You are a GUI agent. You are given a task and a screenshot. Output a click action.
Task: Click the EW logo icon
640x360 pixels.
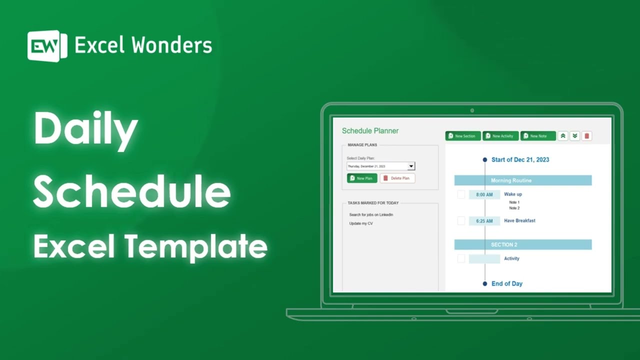pyautogui.click(x=47, y=46)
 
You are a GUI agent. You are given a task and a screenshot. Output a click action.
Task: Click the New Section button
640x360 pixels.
pyautogui.click(x=463, y=136)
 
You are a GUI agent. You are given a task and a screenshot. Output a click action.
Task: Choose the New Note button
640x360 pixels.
pyautogui.click(x=538, y=136)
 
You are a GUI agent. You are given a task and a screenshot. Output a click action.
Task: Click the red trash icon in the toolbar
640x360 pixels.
pyautogui.click(x=587, y=136)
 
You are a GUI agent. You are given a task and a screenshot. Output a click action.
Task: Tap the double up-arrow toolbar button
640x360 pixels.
pyautogui.click(x=563, y=136)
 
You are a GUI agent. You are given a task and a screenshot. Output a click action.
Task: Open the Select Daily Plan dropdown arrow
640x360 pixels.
pyautogui.click(x=411, y=166)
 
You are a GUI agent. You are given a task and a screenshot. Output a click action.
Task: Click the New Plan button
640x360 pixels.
pyautogui.click(x=362, y=178)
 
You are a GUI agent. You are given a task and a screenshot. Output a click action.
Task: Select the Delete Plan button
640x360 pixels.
pyautogui.click(x=397, y=178)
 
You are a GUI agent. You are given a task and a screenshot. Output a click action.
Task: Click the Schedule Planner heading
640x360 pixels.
pyautogui.click(x=370, y=131)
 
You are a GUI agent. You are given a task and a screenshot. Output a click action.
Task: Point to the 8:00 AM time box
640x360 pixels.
pyautogui.click(x=484, y=194)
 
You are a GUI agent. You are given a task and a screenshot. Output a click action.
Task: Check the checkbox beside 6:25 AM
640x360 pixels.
pyautogui.click(x=461, y=220)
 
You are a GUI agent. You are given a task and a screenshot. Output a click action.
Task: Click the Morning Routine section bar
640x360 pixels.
pyautogui.click(x=522, y=180)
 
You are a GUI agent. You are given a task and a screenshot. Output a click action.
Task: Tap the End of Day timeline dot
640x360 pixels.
pyautogui.click(x=484, y=283)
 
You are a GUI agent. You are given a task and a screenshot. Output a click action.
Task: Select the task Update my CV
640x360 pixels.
pyautogui.click(x=361, y=223)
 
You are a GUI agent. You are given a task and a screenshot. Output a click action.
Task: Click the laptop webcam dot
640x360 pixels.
pyautogui.click(x=472, y=110)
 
